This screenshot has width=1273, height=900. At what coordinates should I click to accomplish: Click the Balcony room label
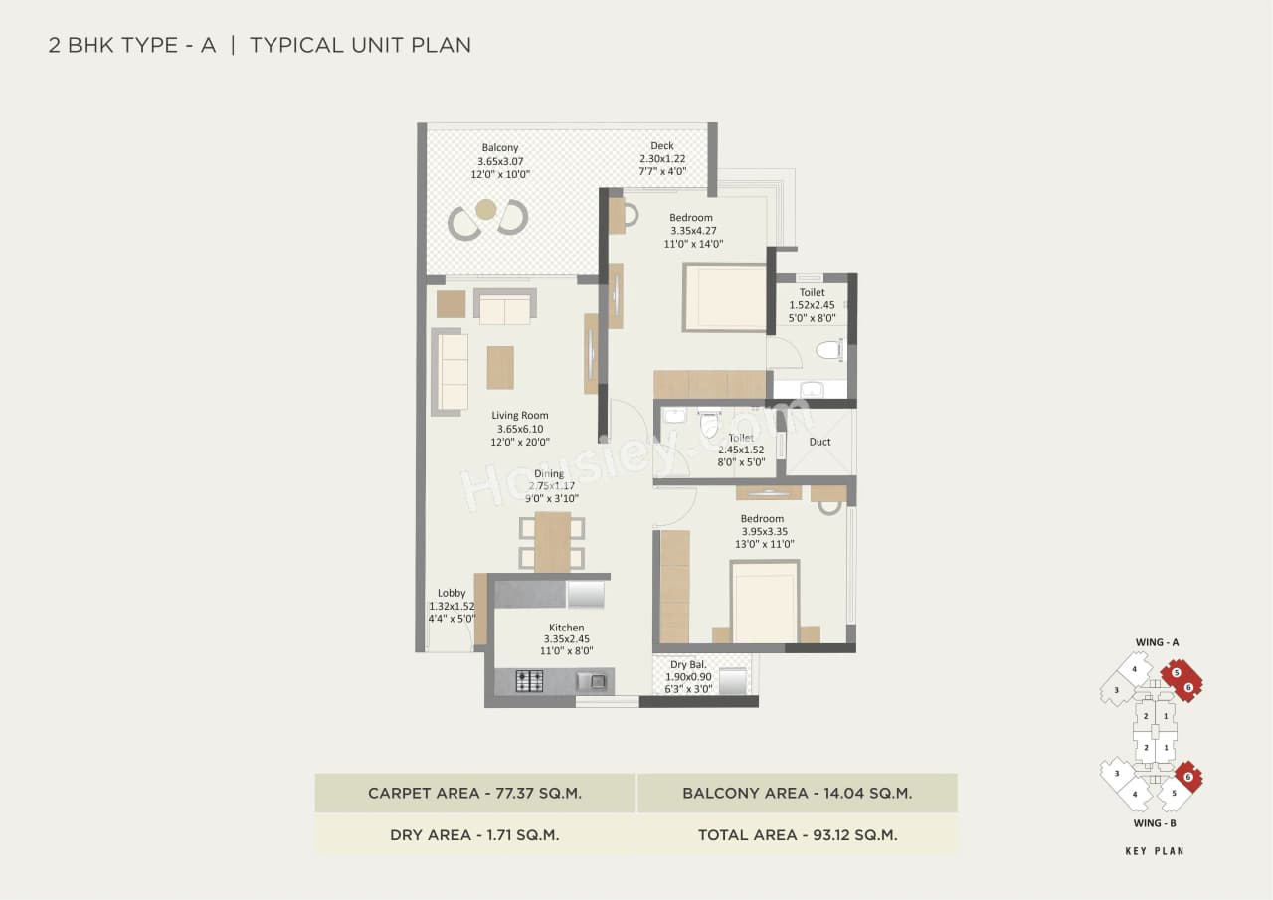pos(500,148)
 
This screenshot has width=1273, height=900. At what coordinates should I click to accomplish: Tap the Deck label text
pos(662,146)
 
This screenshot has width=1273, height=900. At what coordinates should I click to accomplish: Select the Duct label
pos(819,442)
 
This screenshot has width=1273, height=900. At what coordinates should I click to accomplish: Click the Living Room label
pos(519,416)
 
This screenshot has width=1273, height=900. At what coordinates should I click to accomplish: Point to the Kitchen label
pos(566,628)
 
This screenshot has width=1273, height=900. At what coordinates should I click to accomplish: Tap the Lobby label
pos(451,593)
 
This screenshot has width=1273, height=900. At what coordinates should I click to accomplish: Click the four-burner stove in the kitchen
pos(529,681)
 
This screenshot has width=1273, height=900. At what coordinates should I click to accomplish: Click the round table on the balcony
pos(486,209)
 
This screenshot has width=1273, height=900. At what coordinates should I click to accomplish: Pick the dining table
pos(552,541)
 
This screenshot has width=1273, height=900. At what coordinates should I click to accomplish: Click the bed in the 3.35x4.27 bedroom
pos(725,297)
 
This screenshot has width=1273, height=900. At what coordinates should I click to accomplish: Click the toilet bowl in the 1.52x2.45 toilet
pos(828,350)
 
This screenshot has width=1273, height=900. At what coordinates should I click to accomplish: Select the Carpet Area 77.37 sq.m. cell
pos(474,793)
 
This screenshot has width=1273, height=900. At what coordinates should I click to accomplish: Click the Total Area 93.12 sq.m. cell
pos(798,835)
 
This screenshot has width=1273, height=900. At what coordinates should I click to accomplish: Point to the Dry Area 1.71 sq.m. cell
pos(474,835)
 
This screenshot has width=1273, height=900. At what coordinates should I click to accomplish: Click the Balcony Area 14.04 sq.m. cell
pos(798,793)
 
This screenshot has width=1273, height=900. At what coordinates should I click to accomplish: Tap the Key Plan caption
pos(1155,851)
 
